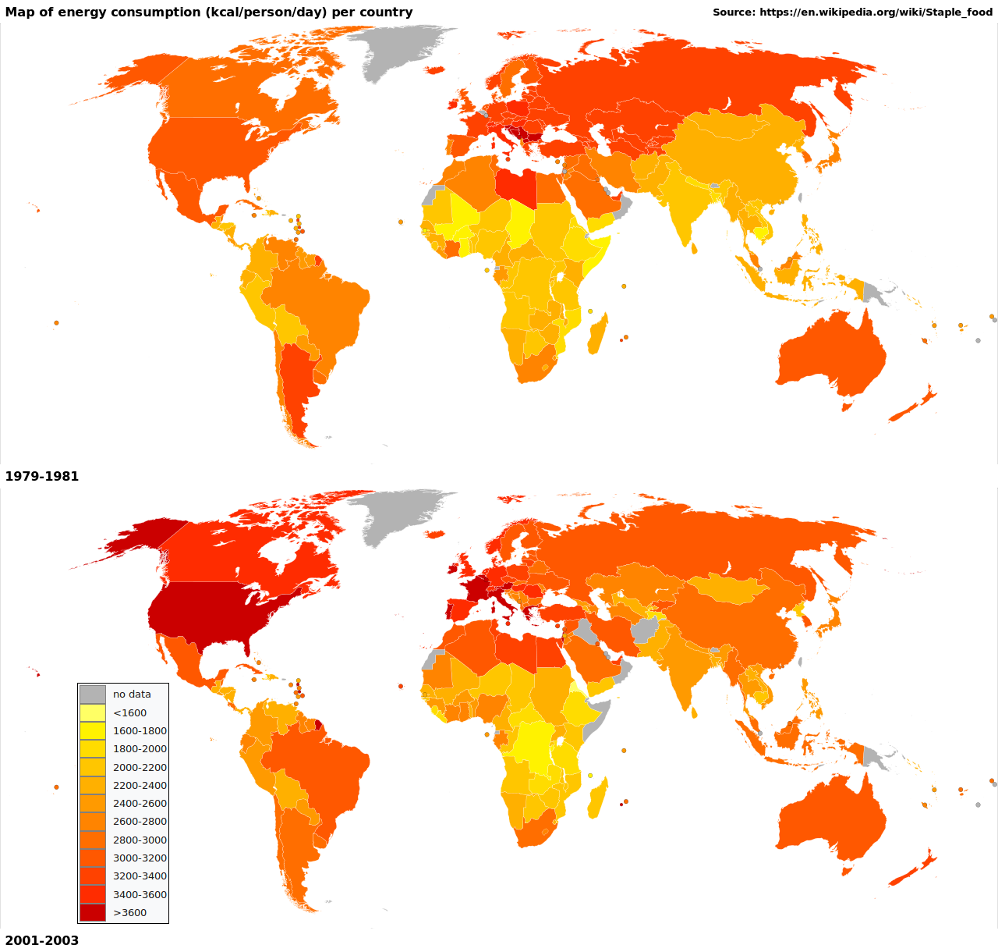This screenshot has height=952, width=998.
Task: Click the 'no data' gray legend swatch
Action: click(x=92, y=694)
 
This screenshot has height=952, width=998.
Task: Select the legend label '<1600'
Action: click(x=129, y=712)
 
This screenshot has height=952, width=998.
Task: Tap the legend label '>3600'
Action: click(x=129, y=912)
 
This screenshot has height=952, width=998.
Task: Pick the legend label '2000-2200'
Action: click(x=140, y=767)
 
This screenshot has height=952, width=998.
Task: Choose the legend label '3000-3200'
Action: click(x=140, y=858)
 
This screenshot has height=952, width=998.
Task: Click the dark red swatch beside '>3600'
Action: click(x=92, y=912)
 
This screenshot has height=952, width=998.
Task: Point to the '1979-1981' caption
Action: click(x=42, y=476)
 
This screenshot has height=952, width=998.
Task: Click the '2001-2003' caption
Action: click(x=42, y=940)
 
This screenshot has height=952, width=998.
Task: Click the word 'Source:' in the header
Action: click(x=734, y=12)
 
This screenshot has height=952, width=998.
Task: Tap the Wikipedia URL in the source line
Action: click(x=876, y=12)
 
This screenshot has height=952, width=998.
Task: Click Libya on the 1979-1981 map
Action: click(x=515, y=185)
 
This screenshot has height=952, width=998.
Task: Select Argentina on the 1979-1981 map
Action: click(x=297, y=382)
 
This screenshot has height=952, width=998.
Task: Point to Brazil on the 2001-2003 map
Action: click(x=320, y=769)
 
